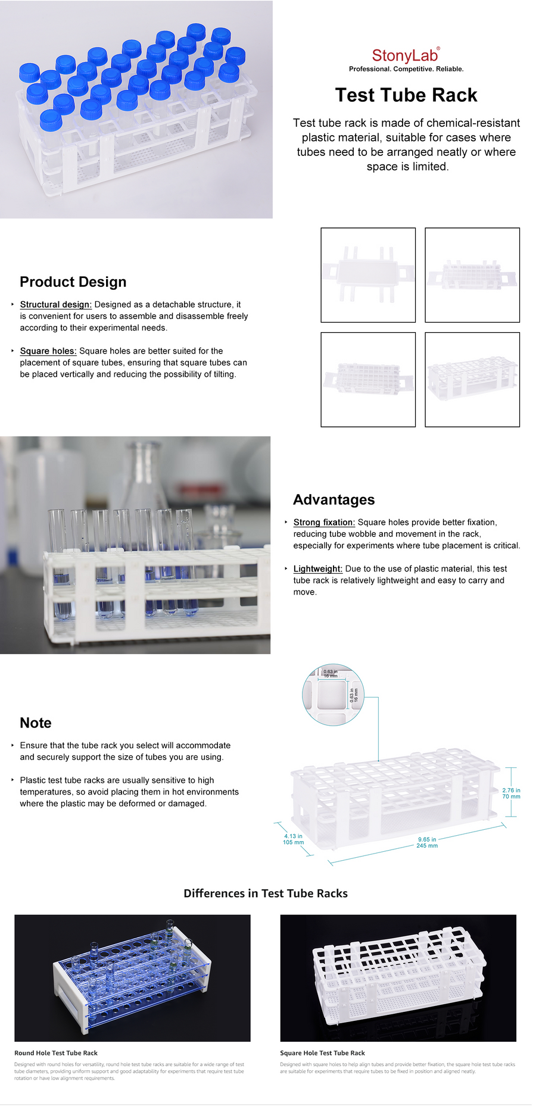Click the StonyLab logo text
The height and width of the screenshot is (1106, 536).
(405, 55)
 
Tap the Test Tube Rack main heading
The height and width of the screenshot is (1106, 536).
(406, 95)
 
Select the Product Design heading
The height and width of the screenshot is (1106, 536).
(73, 282)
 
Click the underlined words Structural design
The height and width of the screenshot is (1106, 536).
(56, 304)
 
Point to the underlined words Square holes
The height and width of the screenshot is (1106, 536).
(48, 351)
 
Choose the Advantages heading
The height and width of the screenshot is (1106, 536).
(334, 499)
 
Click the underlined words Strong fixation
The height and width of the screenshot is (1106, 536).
(324, 522)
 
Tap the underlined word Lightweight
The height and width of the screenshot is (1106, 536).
(318, 568)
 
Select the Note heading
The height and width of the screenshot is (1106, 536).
(36, 723)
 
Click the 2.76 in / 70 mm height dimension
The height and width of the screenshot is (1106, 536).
(511, 793)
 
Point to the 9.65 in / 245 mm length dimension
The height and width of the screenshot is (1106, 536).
(427, 842)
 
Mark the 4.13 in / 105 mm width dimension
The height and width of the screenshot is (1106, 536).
(293, 839)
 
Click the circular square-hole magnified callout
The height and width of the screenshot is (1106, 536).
(333, 695)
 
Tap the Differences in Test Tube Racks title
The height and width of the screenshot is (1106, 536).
(266, 893)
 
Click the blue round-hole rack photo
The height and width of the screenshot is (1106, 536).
(132, 977)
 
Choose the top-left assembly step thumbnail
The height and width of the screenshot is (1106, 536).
(368, 275)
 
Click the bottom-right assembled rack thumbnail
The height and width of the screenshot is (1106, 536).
(472, 379)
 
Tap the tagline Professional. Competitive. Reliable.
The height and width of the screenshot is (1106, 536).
(406, 69)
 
